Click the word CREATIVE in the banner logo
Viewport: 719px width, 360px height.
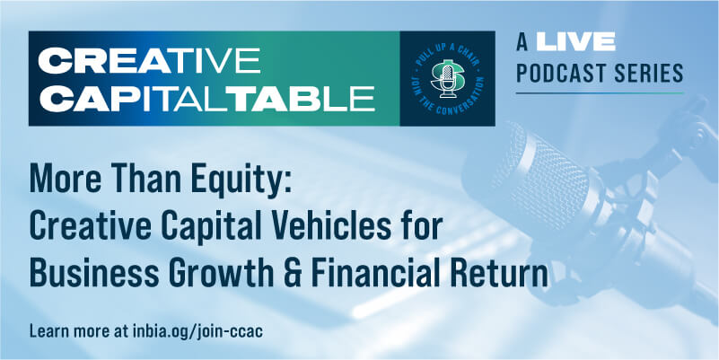pyautogui.click(x=149, y=60)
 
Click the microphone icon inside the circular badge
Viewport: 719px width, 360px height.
pyautogui.click(x=448, y=80)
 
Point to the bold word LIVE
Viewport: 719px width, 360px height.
pyautogui.click(x=575, y=41)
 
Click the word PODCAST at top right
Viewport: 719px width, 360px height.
pyautogui.click(x=560, y=73)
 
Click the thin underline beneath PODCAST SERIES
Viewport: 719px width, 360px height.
pyautogui.click(x=600, y=93)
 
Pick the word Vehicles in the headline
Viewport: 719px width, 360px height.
pyautogui.click(x=343, y=226)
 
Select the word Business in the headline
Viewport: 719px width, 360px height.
pyautogui.click(x=94, y=274)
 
